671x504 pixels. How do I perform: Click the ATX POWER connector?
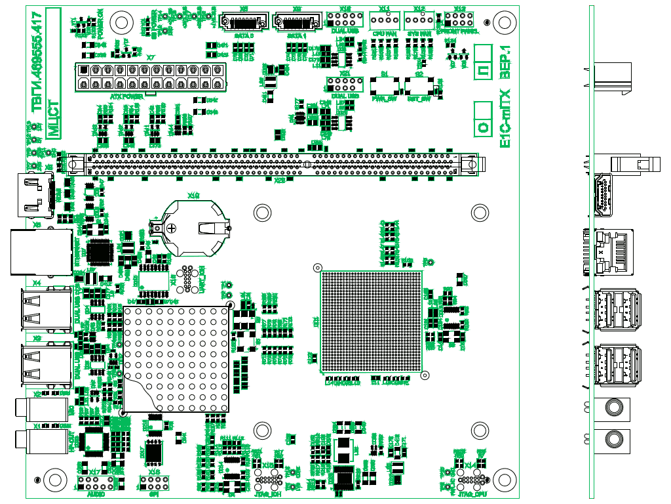[150, 77]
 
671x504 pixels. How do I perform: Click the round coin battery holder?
[194, 228]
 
